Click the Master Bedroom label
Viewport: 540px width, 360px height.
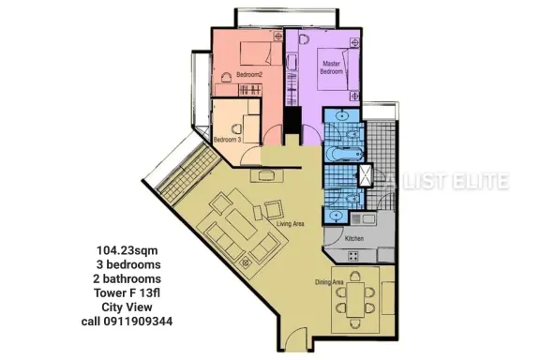pos(331,67)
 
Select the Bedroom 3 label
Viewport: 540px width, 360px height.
pos(227,140)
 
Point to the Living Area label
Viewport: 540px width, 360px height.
pos(291,224)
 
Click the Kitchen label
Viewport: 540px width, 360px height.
pos(354,238)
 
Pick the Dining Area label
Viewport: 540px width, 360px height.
pos(329,282)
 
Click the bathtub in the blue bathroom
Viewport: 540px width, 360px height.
pos(344,153)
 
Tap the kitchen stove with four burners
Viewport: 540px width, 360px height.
pos(353,256)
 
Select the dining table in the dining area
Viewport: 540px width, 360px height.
pos(355,300)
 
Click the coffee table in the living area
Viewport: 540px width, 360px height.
pos(242,225)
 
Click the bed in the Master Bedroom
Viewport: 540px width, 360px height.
pos(337,69)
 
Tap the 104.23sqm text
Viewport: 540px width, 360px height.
pos(127,250)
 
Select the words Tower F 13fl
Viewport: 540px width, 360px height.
pos(127,293)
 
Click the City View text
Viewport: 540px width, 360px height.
pos(127,307)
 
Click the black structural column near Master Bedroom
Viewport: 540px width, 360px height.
pos(292,120)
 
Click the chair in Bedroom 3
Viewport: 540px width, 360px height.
pos(236,128)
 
